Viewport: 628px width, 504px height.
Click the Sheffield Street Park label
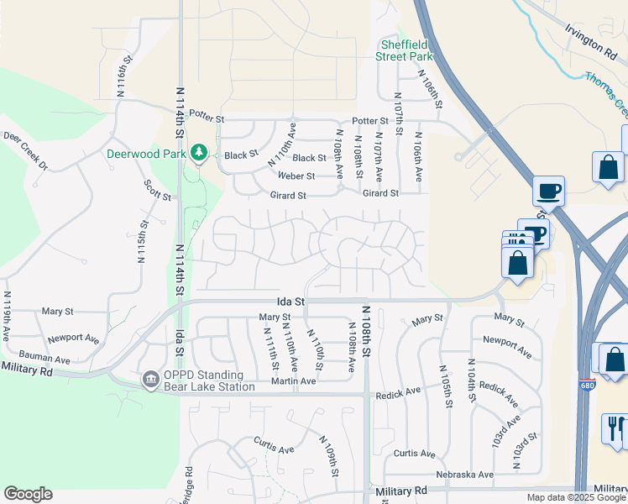pyautogui.click(x=406, y=50)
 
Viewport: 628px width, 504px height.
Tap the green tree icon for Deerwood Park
pyautogui.click(x=199, y=153)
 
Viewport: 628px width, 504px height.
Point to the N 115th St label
pyautogui.click(x=143, y=242)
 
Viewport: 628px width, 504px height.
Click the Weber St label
pyautogui.click(x=297, y=176)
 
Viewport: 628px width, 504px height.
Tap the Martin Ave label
pyautogui.click(x=293, y=381)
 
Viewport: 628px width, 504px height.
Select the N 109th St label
pyautogui.click(x=327, y=455)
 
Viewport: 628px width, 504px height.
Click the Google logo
pyautogui.click(x=28, y=494)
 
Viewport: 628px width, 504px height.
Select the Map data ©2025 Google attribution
pyautogui.click(x=576, y=497)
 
